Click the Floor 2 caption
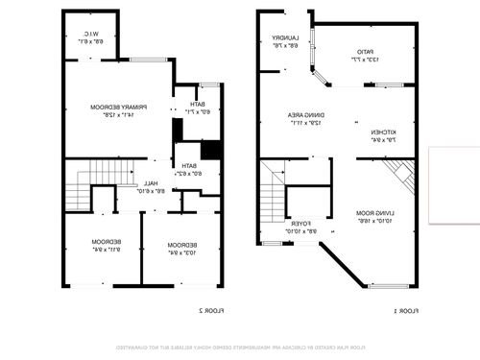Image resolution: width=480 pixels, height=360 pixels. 211,310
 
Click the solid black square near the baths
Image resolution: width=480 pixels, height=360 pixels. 210,150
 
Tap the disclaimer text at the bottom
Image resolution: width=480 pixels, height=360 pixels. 240,346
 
